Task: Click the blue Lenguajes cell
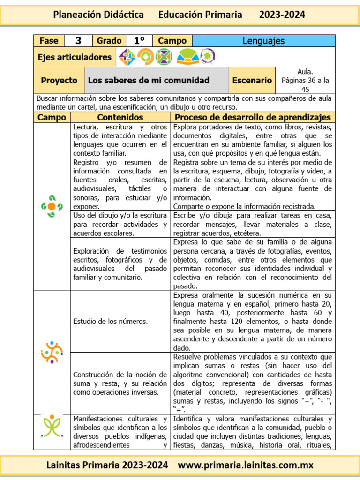pyautogui.click(x=263, y=41)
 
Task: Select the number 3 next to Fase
pyautogui.click(x=78, y=41)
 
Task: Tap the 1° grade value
pyautogui.click(x=139, y=41)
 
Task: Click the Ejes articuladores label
pyautogui.click(x=75, y=57)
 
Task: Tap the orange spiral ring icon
pyautogui.click(x=145, y=57)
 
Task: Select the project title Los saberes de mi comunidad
pyautogui.click(x=149, y=81)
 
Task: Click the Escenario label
pyautogui.click(x=252, y=81)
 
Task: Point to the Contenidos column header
pyautogui.click(x=120, y=117)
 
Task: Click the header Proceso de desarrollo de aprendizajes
pyautogui.click(x=253, y=117)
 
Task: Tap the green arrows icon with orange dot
pyautogui.click(x=52, y=206)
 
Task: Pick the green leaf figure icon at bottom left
pyautogui.click(x=52, y=425)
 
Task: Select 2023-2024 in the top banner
pyautogui.click(x=282, y=15)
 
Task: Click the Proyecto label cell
pyautogui.click(x=59, y=81)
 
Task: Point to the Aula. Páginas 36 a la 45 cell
pyautogui.click(x=305, y=81)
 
